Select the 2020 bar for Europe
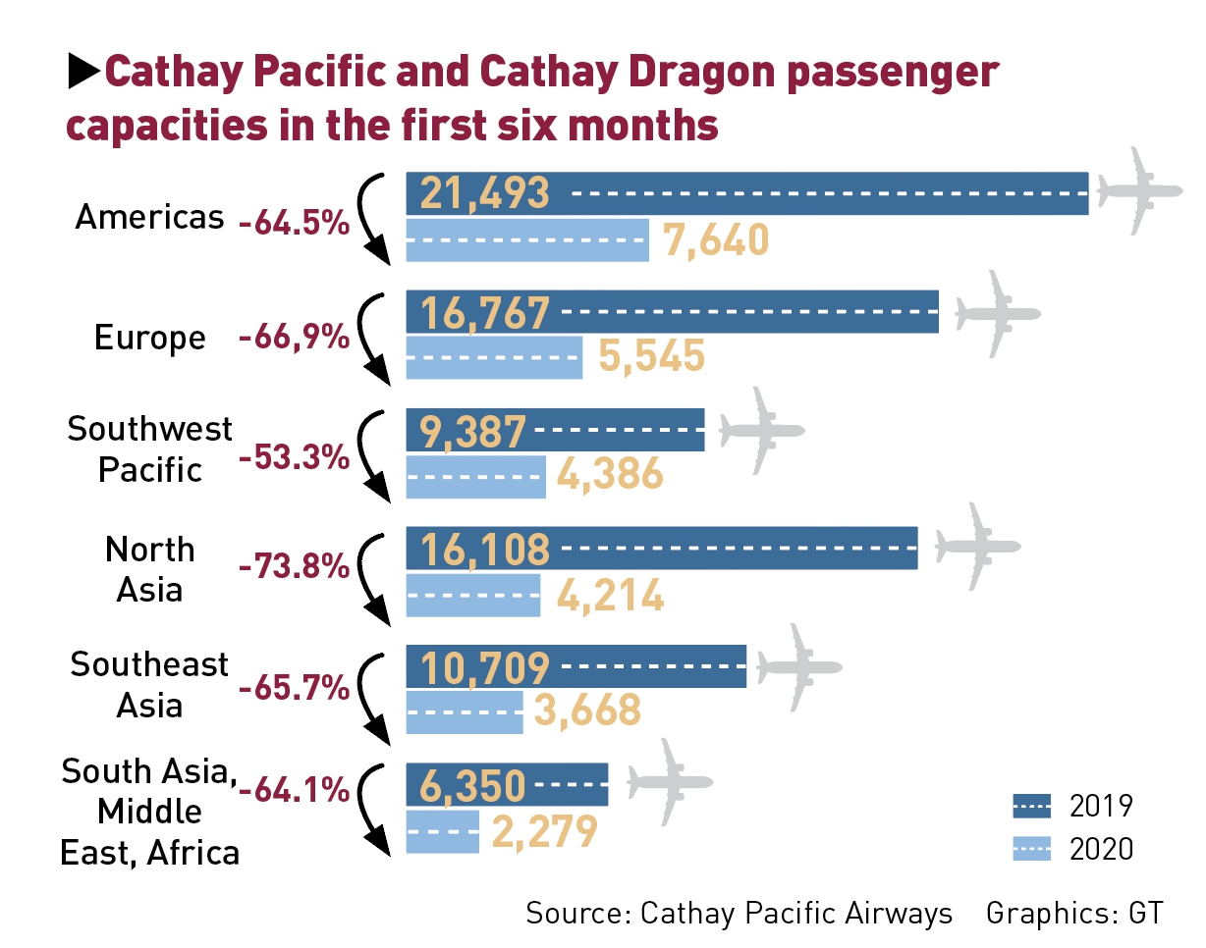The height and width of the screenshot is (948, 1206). coord(494,358)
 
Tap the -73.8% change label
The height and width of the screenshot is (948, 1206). coord(295,566)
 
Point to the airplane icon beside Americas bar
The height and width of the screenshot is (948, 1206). coord(1139,191)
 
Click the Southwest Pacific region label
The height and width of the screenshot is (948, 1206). coord(150,449)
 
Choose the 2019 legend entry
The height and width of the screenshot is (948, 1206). coord(1072,807)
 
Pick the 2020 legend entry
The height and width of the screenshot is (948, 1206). coord(1072,848)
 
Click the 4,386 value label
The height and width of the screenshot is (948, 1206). coord(610,476)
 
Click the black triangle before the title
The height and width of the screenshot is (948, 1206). coord(83,72)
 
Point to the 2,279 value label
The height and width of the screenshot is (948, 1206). coord(545,832)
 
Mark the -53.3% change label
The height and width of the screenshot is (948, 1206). coord(295,457)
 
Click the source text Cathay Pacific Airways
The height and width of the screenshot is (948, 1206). coord(796,913)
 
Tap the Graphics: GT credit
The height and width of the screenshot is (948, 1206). coord(1074,913)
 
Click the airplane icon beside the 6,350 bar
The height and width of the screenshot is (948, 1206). coord(671,782)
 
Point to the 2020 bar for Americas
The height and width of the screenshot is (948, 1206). coord(527,240)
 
